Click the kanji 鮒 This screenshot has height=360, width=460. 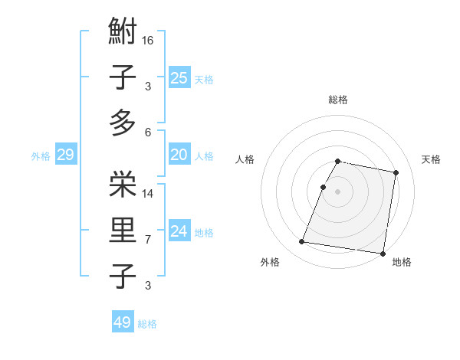click(123, 33)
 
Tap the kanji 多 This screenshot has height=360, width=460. click(123, 123)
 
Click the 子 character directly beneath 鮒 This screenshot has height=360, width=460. click(123, 77)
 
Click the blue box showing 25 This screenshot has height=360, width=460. click(179, 77)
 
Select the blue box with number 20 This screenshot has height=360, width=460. click(179, 155)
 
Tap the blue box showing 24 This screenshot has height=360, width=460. click(179, 231)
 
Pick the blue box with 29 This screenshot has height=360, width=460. click(65, 155)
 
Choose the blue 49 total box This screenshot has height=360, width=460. click(123, 322)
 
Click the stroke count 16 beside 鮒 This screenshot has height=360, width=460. click(148, 41)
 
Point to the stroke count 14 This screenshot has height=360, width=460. click(148, 193)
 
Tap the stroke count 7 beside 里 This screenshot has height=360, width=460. click(148, 240)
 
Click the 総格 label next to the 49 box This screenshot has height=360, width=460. click(147, 324)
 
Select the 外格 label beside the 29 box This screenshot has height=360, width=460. click(41, 156)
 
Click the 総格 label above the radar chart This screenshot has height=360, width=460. click(338, 100)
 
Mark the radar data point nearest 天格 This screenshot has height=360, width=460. click(396, 173)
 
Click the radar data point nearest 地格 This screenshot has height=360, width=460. click(383, 253)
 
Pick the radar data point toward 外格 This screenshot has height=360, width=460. click(302, 242)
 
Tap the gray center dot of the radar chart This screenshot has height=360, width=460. click(338, 191)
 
